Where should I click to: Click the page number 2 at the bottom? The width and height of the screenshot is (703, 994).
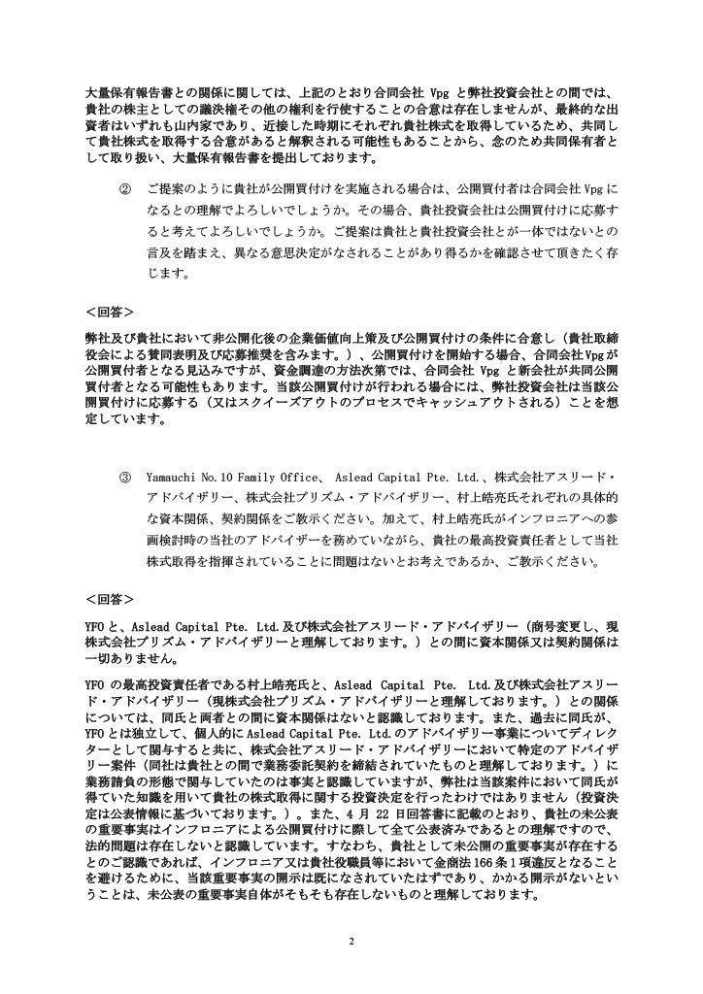coord(351,943)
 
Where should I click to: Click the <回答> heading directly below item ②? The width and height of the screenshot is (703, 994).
coord(110,312)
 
